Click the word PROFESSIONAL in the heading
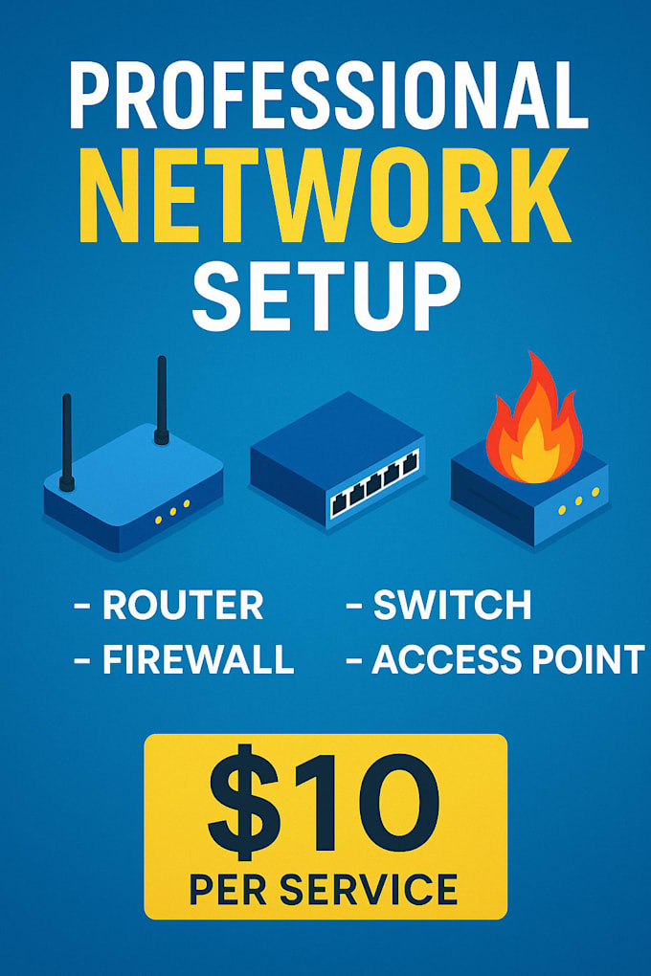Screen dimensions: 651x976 pos(328,96)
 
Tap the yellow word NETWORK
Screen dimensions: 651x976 pos(325,195)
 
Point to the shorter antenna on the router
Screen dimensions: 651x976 pos(67,442)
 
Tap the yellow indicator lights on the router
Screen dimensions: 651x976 pos(172,512)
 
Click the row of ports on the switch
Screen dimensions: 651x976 pos(373,485)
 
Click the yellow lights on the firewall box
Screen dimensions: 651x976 pos(579,501)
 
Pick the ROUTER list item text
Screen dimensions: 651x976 pos(183,605)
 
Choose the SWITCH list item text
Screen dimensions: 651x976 pos(452,605)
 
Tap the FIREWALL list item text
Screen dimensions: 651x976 pos(198,659)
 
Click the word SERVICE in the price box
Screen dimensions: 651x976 pos(369,890)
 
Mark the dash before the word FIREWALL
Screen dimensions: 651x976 pos(82,660)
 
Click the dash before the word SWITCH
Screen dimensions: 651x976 pos(354,605)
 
